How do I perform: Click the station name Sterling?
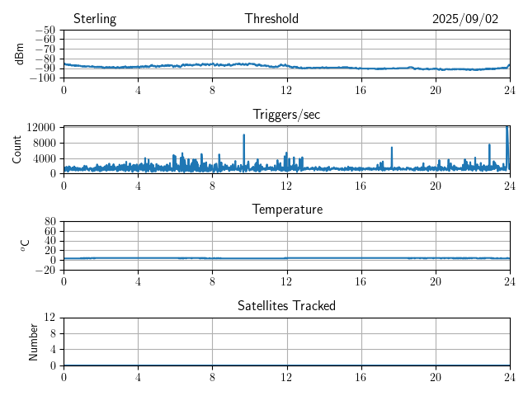click(x=95, y=19)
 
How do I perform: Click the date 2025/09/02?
click(x=465, y=19)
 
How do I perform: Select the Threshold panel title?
click(x=271, y=19)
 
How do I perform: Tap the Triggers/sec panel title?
click(x=286, y=115)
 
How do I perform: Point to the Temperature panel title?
click(x=287, y=210)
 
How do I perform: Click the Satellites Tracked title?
click(x=286, y=305)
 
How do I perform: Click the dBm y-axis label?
click(x=19, y=54)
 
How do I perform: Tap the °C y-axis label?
click(x=25, y=245)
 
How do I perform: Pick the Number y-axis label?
click(x=34, y=341)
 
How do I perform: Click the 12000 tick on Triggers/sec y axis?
click(x=40, y=127)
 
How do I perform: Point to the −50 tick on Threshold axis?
click(x=45, y=31)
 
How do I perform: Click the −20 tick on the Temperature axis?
click(x=45, y=270)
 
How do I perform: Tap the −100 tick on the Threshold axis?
click(x=42, y=78)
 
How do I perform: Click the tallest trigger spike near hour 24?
click(x=507, y=127)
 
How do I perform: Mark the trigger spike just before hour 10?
click(x=244, y=135)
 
